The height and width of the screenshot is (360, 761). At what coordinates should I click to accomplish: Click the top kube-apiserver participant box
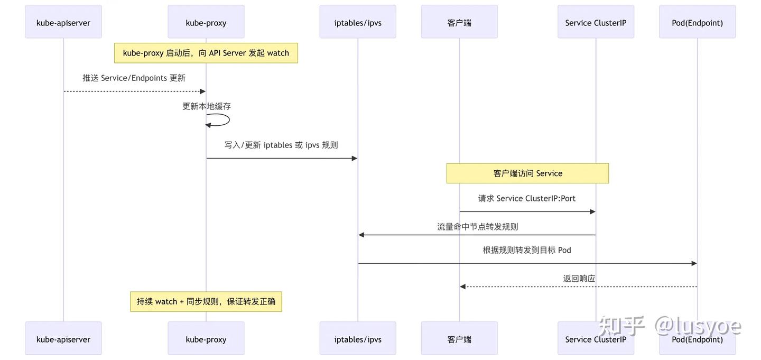coord(63,22)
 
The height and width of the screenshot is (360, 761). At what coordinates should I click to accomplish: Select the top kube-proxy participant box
coord(206,22)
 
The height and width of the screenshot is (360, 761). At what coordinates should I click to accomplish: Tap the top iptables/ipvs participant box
coord(358,22)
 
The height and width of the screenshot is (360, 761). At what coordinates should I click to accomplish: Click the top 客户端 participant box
coord(459,22)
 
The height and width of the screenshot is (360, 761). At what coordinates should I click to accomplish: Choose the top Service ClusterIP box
coord(596,22)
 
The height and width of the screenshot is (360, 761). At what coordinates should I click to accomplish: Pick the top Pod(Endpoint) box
coord(697,22)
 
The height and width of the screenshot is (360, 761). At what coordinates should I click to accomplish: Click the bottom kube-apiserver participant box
coord(63,339)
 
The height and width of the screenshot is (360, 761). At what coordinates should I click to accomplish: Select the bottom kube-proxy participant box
coord(206,339)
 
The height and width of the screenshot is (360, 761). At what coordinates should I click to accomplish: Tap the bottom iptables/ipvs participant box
coord(358,339)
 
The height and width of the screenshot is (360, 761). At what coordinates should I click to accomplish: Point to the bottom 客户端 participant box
coord(459,339)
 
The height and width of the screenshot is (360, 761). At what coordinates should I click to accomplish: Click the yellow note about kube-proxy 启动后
coord(206,53)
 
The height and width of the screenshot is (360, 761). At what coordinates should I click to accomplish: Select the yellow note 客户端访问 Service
coord(527,173)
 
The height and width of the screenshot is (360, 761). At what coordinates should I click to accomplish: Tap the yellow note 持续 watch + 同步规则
coord(206,301)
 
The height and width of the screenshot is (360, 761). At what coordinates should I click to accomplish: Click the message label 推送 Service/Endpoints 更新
coord(134,78)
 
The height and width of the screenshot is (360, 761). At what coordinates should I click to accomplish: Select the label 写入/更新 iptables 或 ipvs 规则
coord(281,145)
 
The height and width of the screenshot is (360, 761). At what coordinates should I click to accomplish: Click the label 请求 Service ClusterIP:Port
coord(527,199)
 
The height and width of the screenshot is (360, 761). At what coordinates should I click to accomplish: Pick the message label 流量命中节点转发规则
coord(477,227)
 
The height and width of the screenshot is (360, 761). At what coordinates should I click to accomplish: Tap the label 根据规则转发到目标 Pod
coord(527,250)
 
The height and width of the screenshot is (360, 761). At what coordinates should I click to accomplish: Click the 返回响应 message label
coord(579,279)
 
